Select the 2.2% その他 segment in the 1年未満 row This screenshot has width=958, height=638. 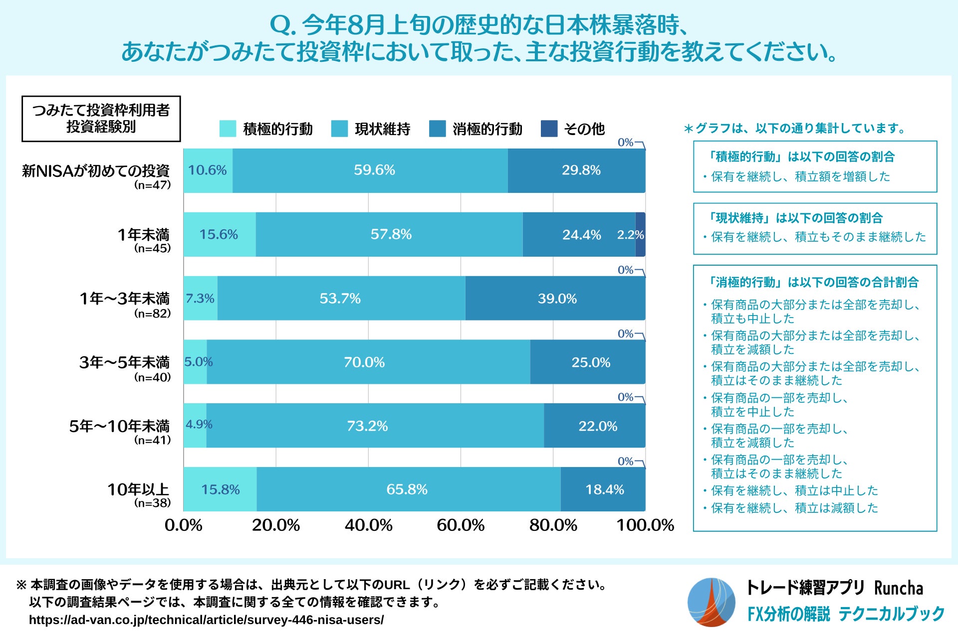(640, 234)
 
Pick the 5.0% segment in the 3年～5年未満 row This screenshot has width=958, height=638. (195, 362)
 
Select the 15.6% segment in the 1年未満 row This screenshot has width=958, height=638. (220, 234)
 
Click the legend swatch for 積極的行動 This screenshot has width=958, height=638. (228, 129)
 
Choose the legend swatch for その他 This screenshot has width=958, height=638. (549, 129)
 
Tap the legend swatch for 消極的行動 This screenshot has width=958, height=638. (437, 129)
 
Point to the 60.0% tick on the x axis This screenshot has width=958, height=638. (461, 525)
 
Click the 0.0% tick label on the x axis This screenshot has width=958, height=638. (184, 525)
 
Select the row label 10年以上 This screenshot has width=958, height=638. (138, 489)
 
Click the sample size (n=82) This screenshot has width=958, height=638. (152, 314)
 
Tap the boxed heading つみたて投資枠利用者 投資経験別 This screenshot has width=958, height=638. (101, 119)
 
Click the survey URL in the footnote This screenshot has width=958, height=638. (206, 620)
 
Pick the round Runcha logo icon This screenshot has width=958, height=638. (711, 602)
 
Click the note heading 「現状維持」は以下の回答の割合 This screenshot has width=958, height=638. (796, 218)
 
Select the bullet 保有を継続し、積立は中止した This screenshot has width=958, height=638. (794, 490)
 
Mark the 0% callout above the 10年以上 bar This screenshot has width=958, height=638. (625, 461)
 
